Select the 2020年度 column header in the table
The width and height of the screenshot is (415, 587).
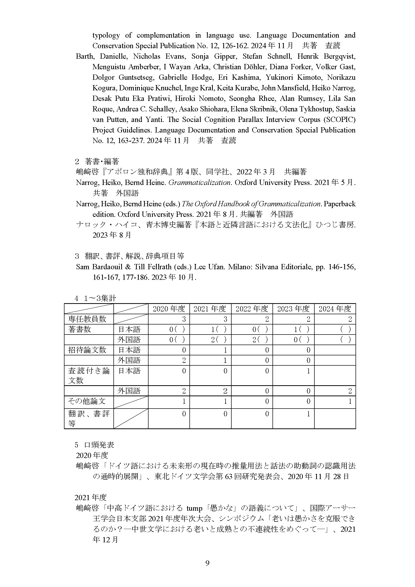pos(169,309)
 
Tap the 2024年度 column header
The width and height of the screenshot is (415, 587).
pos(335,309)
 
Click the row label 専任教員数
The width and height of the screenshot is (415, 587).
pos(87,319)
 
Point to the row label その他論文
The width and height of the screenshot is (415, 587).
pos(87,401)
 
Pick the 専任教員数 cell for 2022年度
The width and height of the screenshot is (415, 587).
pos(267,319)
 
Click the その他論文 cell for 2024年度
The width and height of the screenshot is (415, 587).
pos(350,401)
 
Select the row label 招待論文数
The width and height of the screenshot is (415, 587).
pos(87,350)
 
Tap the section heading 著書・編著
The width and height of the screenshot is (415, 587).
pos(102,161)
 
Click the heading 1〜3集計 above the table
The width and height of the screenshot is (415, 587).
pos(100,298)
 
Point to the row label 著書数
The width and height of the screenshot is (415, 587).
pos(80,329)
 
